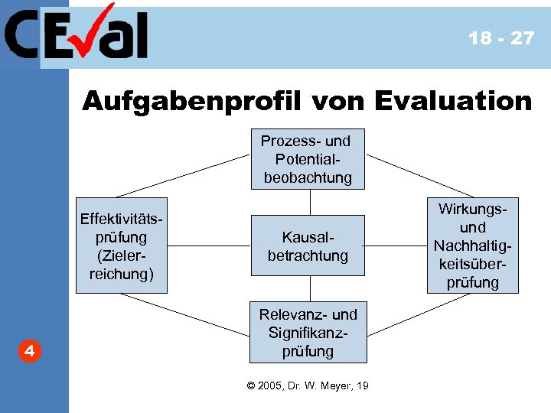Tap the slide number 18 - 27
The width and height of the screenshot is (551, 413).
pyautogui.click(x=501, y=38)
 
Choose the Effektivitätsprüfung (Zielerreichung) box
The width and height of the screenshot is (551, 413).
pyautogui.click(x=122, y=246)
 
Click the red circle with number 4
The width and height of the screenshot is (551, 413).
pyautogui.click(x=28, y=352)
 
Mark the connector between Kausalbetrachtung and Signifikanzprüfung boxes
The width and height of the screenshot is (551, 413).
pyautogui.click(x=310, y=288)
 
